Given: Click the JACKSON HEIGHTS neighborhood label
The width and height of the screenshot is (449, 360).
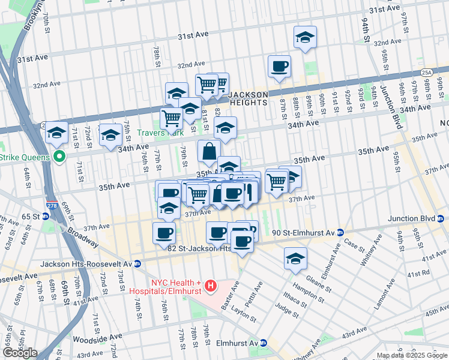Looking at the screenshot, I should click(256, 98).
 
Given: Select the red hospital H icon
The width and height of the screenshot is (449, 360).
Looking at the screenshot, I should click(210, 286).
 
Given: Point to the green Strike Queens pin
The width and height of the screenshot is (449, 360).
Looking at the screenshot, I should click(59, 158).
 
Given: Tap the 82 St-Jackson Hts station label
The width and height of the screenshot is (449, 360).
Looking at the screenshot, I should click(199, 248).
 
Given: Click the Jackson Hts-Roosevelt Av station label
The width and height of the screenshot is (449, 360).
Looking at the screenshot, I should click(86, 263).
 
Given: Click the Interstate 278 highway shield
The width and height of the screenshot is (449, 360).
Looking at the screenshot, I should click(52, 205).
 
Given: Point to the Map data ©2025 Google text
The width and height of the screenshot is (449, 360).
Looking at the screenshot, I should click(412, 355).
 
